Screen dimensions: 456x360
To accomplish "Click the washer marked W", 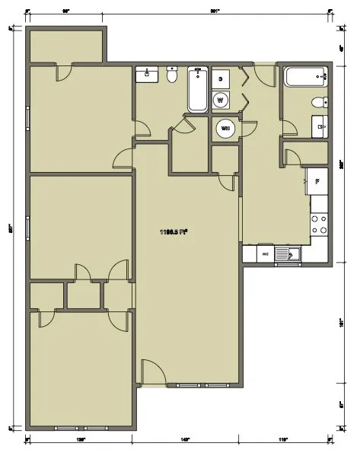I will click(x=221, y=99).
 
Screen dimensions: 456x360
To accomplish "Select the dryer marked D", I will click(x=221, y=79).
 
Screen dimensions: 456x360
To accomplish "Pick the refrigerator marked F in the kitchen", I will click(x=317, y=181).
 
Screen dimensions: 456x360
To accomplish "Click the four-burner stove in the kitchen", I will click(x=320, y=222).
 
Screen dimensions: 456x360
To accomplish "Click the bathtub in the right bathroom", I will click(x=303, y=77).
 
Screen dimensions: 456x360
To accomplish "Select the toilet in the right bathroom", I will click(x=320, y=103).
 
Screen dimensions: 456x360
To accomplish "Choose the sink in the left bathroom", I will click(x=145, y=75).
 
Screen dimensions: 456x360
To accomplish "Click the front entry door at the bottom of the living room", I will click(x=152, y=373).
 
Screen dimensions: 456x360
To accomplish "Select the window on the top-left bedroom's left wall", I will click(x=28, y=120).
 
